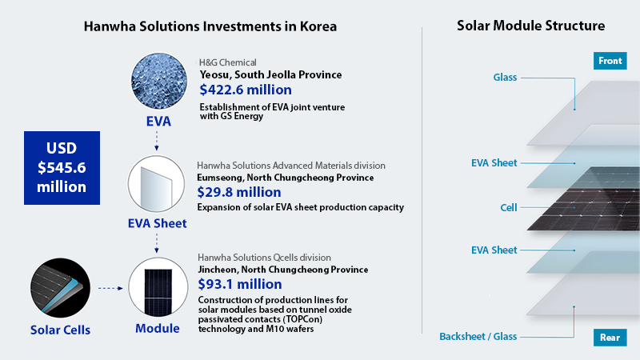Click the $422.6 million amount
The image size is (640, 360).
(246, 90)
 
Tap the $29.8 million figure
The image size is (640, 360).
(238, 192)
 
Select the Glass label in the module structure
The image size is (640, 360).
(505, 78)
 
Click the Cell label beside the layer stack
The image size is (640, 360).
(508, 207)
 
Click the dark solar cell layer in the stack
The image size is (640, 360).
(576, 206)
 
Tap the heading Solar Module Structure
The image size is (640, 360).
(530, 26)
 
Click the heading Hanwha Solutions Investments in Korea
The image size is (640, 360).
(210, 26)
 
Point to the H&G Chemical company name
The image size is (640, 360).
(228, 62)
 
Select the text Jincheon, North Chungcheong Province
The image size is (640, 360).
(282, 270)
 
